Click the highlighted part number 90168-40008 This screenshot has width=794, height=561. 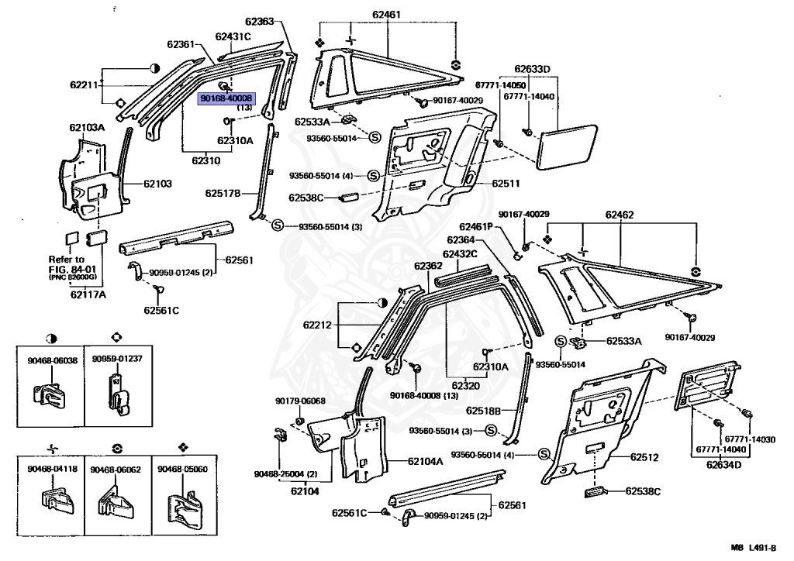click(x=226, y=99)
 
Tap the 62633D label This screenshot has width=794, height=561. click(x=531, y=69)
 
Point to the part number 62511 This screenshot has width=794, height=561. click(x=506, y=184)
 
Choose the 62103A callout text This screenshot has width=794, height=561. click(x=87, y=127)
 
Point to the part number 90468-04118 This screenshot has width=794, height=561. click(x=51, y=470)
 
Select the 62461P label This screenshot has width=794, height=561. click(x=482, y=227)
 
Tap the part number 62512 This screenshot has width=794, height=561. click(x=644, y=457)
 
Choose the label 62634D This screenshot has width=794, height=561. click(x=723, y=465)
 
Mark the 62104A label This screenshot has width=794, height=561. click(x=426, y=461)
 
